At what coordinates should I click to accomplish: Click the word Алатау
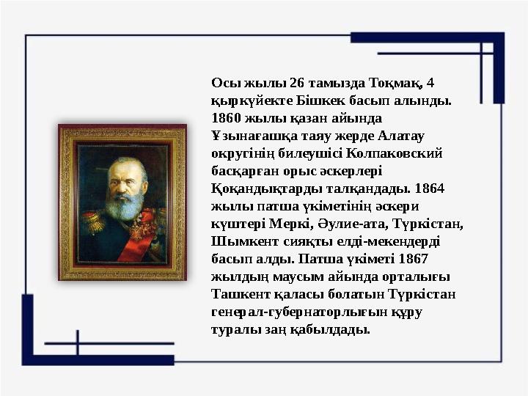click(408, 135)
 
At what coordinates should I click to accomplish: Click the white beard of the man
click(122, 206)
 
